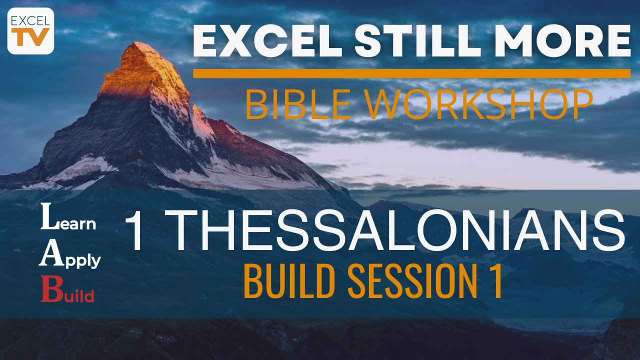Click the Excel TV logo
point(30,31)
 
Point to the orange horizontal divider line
point(411,73)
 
